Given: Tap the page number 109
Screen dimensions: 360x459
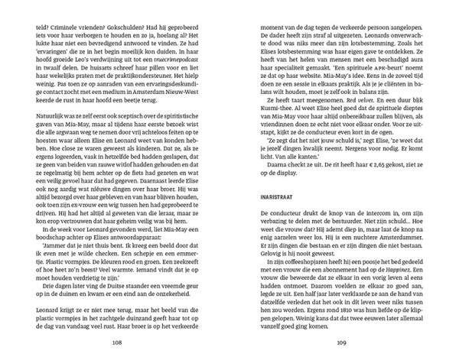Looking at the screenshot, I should pyautogui.click(x=341, y=342).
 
